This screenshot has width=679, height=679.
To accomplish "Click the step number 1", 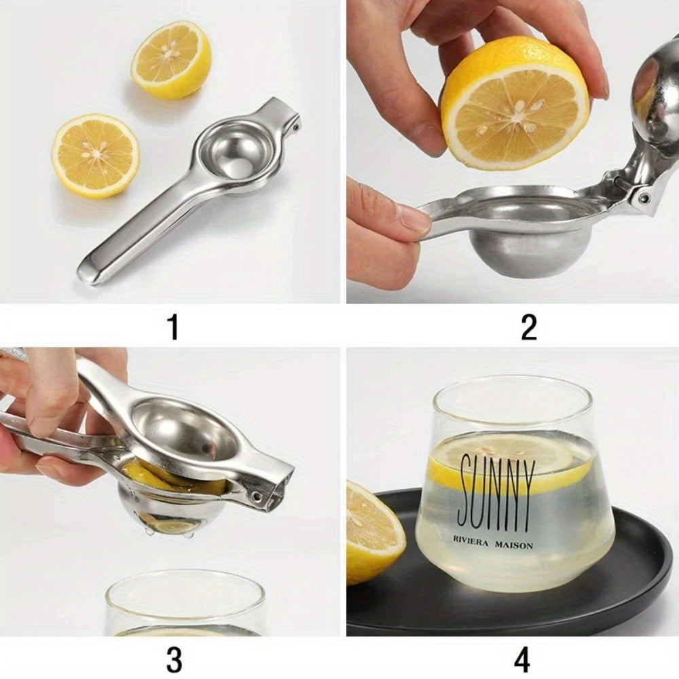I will pyautogui.click(x=173, y=327).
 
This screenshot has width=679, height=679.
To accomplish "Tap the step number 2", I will pyautogui.click(x=528, y=327).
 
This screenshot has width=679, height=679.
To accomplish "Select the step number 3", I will pyautogui.click(x=173, y=659).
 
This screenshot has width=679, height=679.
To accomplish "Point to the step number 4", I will pyautogui.click(x=522, y=659).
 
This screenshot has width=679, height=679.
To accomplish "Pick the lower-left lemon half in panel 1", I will pyautogui.click(x=96, y=155).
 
